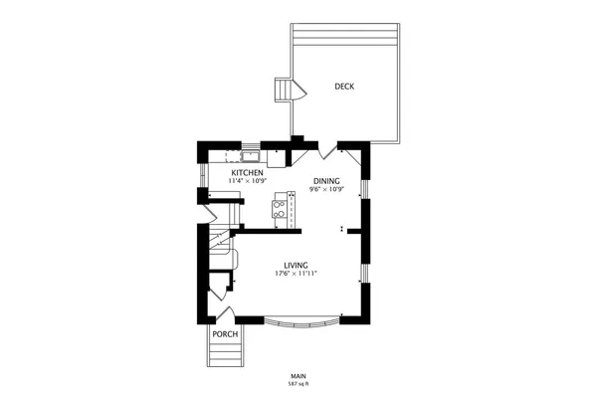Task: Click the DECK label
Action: (344, 87)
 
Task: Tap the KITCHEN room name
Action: (247, 173)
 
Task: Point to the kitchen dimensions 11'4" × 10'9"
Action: (247, 181)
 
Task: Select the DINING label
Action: (326, 180)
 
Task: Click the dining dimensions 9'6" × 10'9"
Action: (326, 188)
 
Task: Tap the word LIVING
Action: (296, 264)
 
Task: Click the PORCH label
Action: (225, 333)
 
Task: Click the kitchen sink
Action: (250, 155)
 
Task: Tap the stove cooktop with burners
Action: (281, 209)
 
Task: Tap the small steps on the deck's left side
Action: (289, 91)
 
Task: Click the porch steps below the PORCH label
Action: (224, 355)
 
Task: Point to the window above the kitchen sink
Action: (250, 145)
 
